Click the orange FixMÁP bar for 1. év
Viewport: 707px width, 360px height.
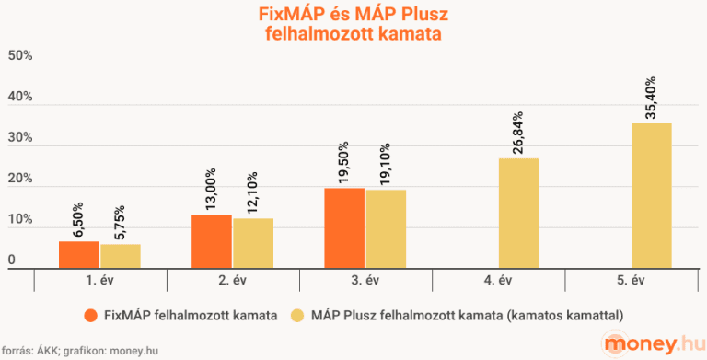[78, 254]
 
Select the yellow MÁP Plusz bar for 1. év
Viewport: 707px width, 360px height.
[120, 256]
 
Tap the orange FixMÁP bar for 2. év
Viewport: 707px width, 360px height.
[211, 240]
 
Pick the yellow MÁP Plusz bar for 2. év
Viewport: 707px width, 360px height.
[253, 242]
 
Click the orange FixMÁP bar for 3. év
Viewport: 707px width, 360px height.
[343, 227]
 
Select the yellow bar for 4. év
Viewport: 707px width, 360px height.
[518, 213]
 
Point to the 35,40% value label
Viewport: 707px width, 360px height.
[651, 97]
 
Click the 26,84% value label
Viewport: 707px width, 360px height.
[518, 132]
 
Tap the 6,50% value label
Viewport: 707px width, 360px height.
[78, 220]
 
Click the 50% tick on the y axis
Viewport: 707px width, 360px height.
[20, 56]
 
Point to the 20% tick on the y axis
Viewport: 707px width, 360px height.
[20, 179]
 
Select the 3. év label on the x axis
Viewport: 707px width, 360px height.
[365, 279]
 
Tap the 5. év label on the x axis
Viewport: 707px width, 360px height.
[631, 279]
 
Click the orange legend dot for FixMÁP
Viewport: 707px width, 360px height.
[90, 315]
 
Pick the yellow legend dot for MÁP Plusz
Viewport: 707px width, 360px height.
[296, 315]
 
